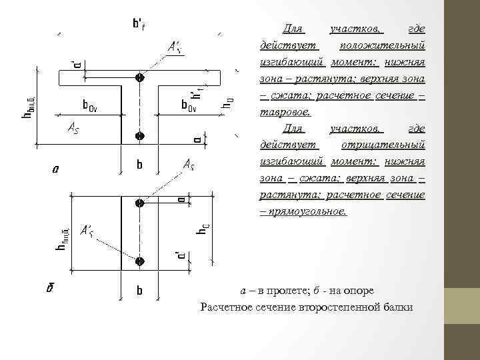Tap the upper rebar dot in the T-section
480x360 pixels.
coord(139,77)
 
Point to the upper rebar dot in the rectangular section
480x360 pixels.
coord(139,203)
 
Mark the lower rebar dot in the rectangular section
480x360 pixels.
coord(139,260)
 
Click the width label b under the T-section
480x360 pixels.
coord(139,163)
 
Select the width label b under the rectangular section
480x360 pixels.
coord(139,291)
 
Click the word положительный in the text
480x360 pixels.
coord(382,45)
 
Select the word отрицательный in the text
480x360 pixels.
coord(383,145)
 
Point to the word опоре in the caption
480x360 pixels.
coord(359,291)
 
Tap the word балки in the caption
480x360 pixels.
coord(397,307)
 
